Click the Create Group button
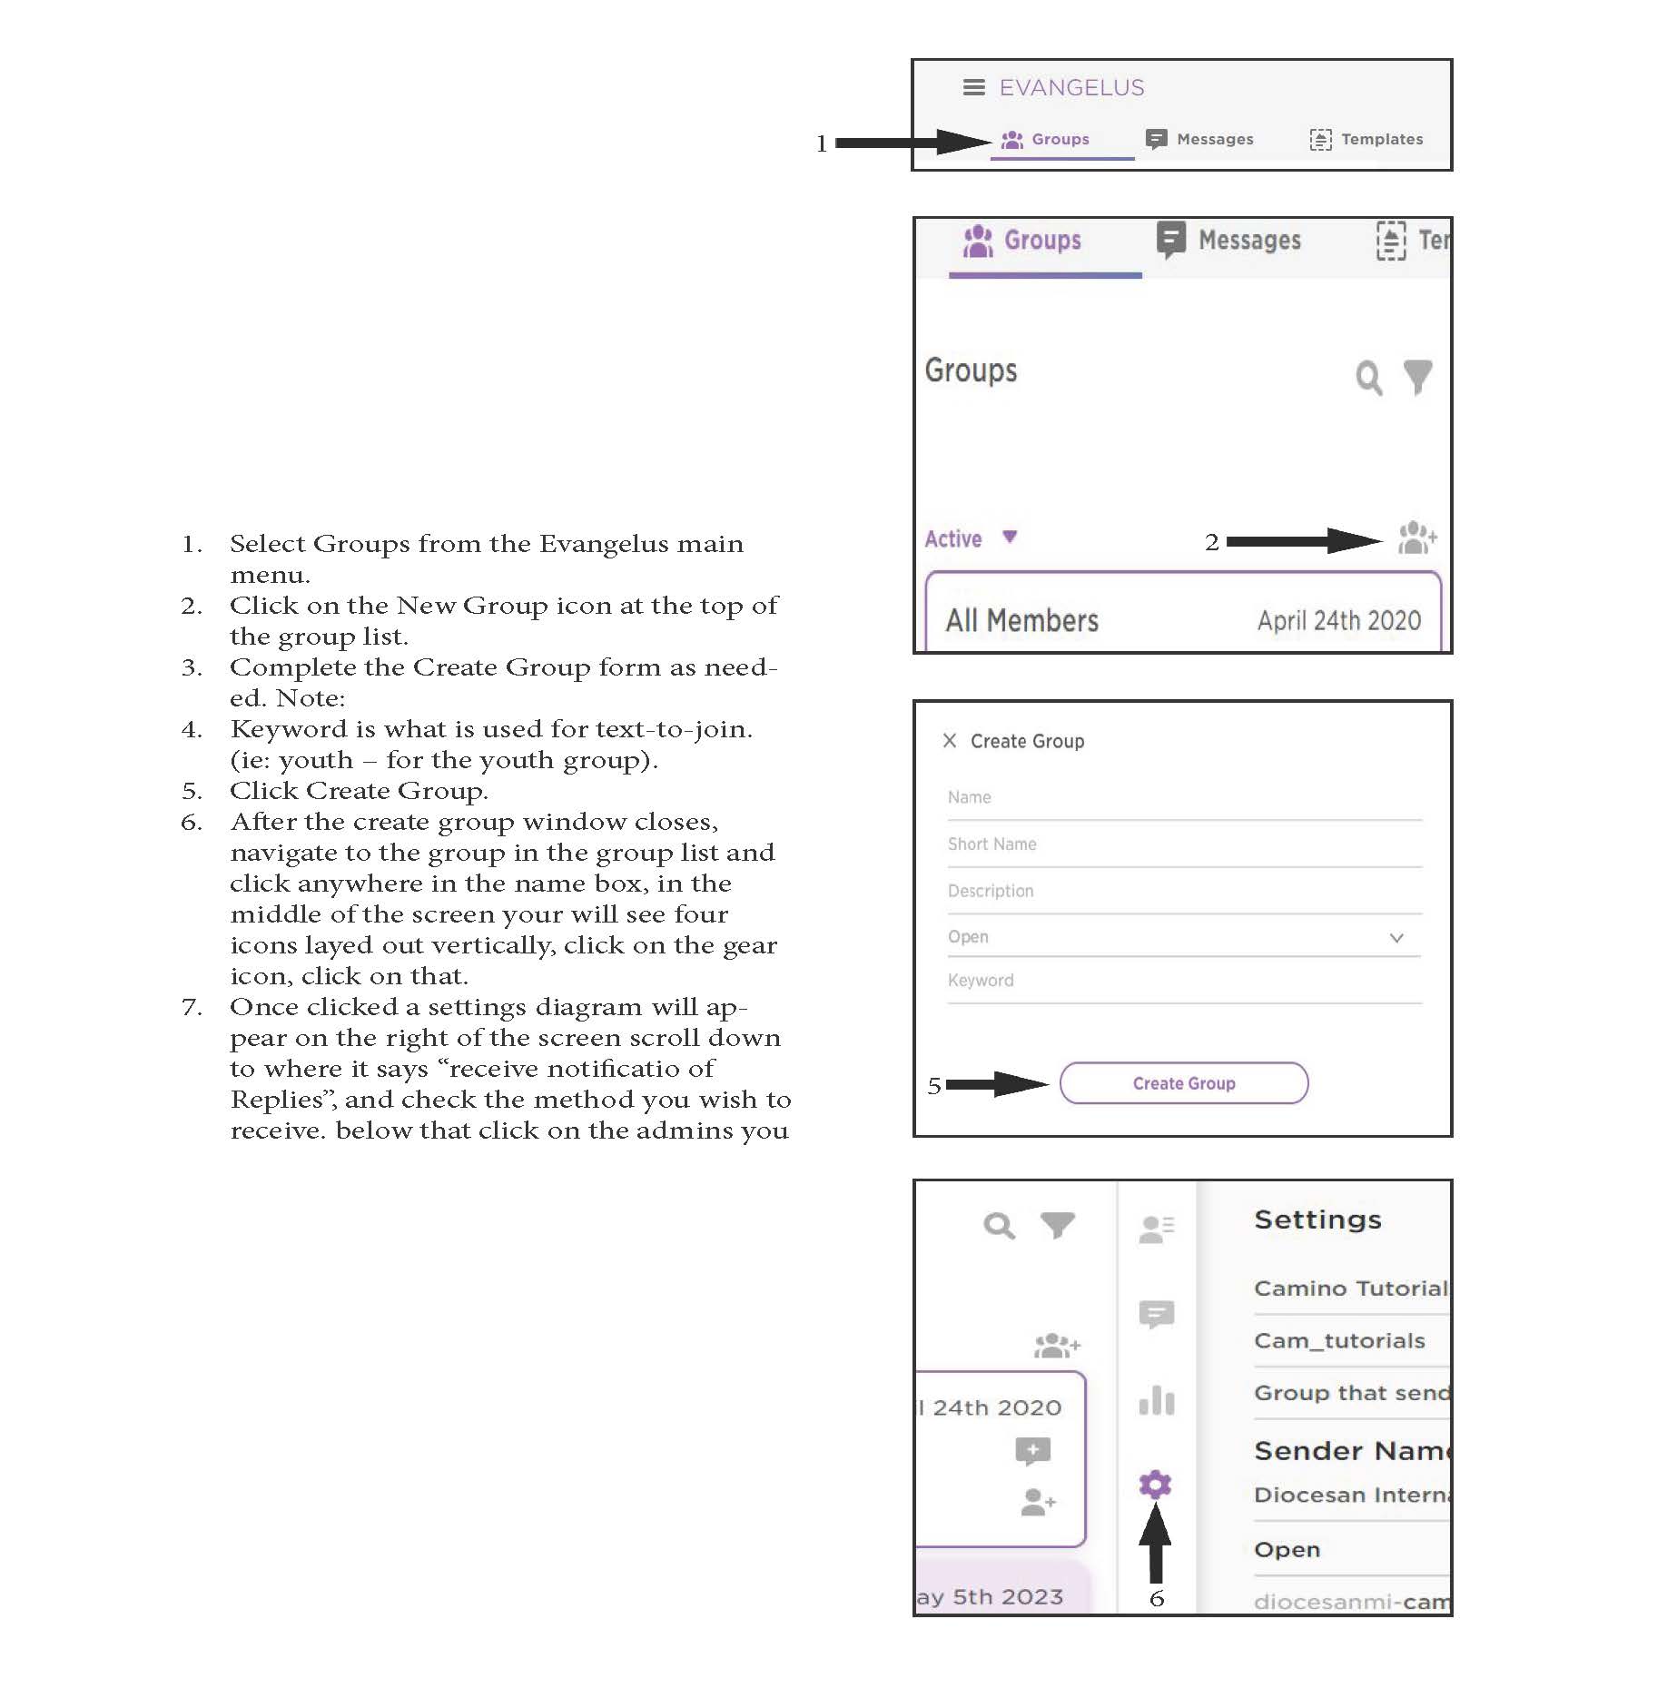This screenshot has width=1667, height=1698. coord(1183,1083)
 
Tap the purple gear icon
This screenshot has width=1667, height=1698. coord(1155,1484)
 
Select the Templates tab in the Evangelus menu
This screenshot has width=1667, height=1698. coord(1366,139)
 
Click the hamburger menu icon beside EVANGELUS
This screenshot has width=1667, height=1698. coord(973,87)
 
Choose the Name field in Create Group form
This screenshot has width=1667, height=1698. coord(1184,799)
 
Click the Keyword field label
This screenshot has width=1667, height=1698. coord(981,981)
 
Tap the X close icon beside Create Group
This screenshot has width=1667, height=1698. coord(950,740)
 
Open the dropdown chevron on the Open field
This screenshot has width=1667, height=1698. coord(1396,937)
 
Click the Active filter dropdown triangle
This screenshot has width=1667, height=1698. coord(1010,537)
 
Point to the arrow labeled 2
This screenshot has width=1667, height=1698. coord(1304,541)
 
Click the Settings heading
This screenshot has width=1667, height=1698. coord(1317,1219)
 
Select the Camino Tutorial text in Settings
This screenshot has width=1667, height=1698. coord(1351,1288)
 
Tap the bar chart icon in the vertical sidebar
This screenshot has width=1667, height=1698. coord(1156,1399)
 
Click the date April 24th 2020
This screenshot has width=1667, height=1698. coord(1339,620)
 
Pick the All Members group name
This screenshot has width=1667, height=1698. coord(1022,620)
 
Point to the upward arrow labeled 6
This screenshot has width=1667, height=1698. coord(1155,1543)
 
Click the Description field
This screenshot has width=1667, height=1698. coord(1184,893)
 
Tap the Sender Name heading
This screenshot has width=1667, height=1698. coord(1352,1451)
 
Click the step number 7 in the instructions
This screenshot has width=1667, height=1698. coord(191,1007)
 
